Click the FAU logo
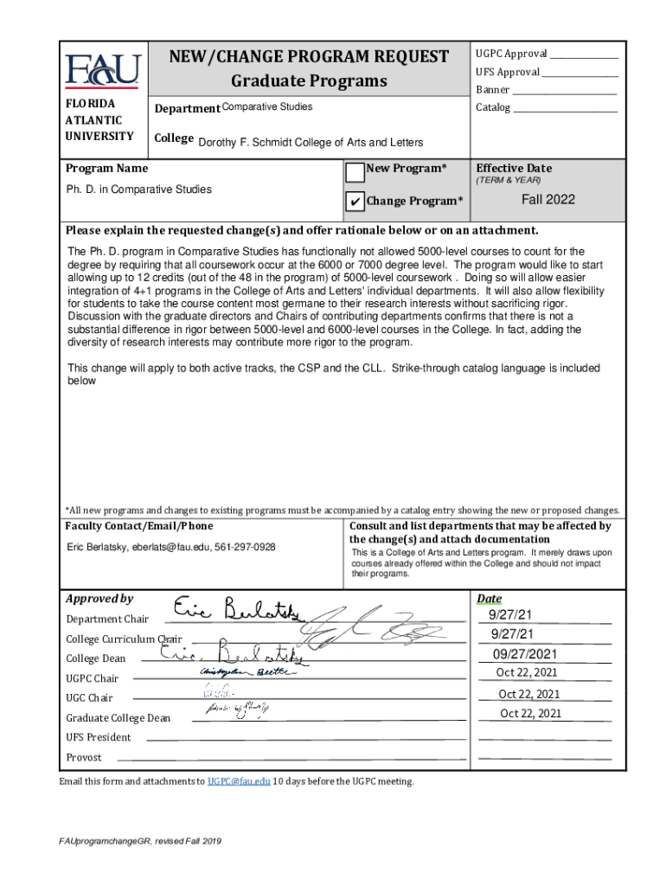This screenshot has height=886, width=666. pyautogui.click(x=102, y=70)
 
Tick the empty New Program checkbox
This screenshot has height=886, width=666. pyautogui.click(x=355, y=172)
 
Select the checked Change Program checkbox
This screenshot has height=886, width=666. pyautogui.click(x=355, y=202)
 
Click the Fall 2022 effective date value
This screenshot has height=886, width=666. pyautogui.click(x=548, y=199)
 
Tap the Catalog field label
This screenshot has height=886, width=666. pyautogui.click(x=494, y=108)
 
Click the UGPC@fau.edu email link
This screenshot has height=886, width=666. pyautogui.click(x=238, y=781)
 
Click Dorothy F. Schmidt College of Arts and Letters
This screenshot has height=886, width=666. pyautogui.click(x=311, y=143)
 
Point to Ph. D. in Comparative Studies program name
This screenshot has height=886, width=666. pyautogui.click(x=139, y=189)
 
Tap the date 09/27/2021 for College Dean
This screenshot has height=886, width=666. pyautogui.click(x=525, y=653)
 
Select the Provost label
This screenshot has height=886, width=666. pyautogui.click(x=84, y=757)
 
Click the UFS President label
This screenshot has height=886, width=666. pyautogui.click(x=99, y=737)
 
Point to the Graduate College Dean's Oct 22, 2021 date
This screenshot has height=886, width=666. pyautogui.click(x=530, y=713)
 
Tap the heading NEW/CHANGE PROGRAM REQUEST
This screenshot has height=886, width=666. pyautogui.click(x=309, y=57)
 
